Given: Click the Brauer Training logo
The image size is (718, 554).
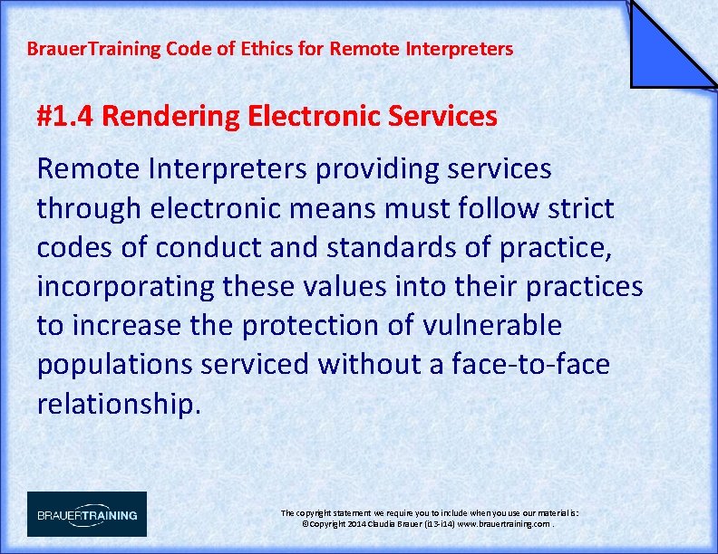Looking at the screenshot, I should (87, 514).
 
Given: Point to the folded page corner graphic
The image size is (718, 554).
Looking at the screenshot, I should (671, 45).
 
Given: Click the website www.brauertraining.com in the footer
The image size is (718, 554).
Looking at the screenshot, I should (502, 524).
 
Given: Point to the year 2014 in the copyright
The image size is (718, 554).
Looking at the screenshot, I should (353, 524).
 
